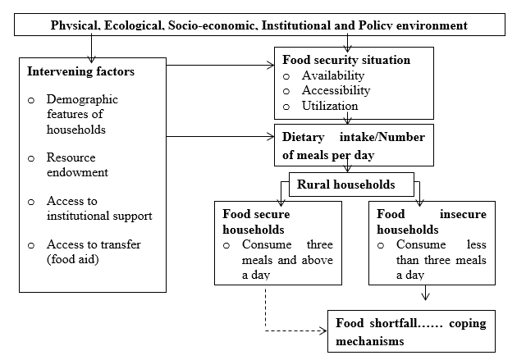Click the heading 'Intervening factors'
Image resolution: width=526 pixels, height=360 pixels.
pyautogui.click(x=81, y=71)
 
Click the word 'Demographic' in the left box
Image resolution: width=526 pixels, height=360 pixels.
pyautogui.click(x=82, y=99)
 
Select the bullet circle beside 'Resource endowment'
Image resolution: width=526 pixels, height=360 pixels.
pyautogui.click(x=31, y=158)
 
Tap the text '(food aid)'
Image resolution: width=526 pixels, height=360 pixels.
pyautogui.click(x=73, y=259)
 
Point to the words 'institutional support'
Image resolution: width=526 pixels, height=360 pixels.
pyautogui.click(x=99, y=216)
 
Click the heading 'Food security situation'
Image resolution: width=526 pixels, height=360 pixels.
pyautogui.click(x=346, y=60)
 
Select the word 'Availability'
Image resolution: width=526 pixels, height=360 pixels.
pyautogui.click(x=333, y=75)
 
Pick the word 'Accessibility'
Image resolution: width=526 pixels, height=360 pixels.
pyautogui.click(x=336, y=90)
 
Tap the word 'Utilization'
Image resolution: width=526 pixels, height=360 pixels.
pyautogui.click(x=330, y=106)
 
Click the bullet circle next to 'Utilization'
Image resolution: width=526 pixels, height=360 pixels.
pyautogui.click(x=286, y=107)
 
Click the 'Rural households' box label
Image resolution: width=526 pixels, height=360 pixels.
pyautogui.click(x=345, y=185)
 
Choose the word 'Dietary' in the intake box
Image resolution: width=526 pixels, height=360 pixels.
pyautogui.click(x=304, y=138)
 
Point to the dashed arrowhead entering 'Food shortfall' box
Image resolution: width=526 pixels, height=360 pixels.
pyautogui.click(x=323, y=331)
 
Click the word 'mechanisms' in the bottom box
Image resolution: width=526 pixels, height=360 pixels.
pyautogui.click(x=369, y=341)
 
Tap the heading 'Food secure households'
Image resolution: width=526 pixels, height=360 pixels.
pyautogui.click(x=256, y=222)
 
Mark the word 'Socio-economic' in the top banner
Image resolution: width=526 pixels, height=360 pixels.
pyautogui.click(x=213, y=25)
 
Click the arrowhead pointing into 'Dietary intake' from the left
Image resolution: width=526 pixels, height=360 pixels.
pyautogui.click(x=271, y=136)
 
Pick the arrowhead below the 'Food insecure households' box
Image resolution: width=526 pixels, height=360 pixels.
pyautogui.click(x=425, y=297)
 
